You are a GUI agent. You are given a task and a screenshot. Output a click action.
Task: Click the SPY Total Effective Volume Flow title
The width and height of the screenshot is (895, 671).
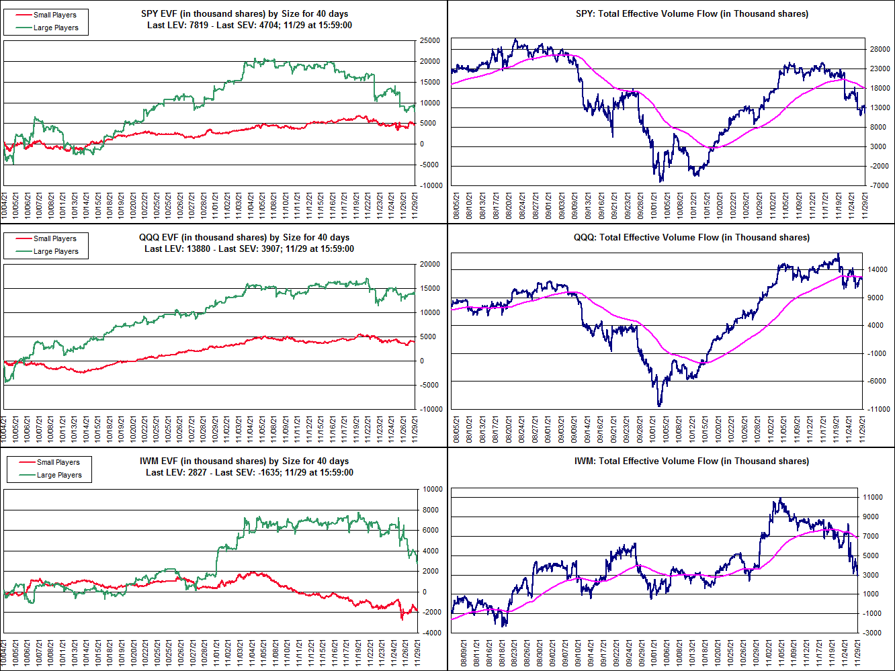pyautogui.click(x=691, y=13)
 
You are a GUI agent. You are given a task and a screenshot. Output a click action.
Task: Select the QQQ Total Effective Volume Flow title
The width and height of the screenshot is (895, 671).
pyautogui.click(x=691, y=237)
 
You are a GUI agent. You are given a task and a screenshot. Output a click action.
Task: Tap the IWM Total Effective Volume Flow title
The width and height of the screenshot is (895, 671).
pyautogui.click(x=691, y=461)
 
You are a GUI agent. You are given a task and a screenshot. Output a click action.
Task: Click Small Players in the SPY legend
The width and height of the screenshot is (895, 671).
pyautogui.click(x=54, y=15)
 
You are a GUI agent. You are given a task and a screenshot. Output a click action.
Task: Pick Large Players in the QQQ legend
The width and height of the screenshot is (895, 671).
pyautogui.click(x=56, y=251)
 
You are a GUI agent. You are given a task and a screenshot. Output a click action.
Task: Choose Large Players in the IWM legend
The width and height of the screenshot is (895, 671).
pyautogui.click(x=59, y=475)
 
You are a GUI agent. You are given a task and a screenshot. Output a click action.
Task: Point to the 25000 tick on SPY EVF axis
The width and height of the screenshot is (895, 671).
pyautogui.click(x=430, y=41)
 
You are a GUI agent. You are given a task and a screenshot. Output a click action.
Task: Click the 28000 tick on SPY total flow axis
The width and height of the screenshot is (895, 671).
pyautogui.click(x=880, y=50)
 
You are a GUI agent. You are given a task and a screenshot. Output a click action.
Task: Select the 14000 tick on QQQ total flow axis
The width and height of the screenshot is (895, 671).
pyautogui.click(x=877, y=270)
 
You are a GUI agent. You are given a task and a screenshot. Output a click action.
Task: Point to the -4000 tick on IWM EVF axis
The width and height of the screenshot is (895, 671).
pyautogui.click(x=432, y=633)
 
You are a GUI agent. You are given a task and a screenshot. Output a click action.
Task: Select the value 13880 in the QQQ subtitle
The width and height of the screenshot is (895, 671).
pyautogui.click(x=200, y=249)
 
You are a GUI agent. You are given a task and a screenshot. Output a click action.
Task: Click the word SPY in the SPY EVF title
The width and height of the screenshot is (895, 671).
pyautogui.click(x=150, y=13)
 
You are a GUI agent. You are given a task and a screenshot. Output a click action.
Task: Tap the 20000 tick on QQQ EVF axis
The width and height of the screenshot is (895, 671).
pyautogui.click(x=430, y=265)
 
